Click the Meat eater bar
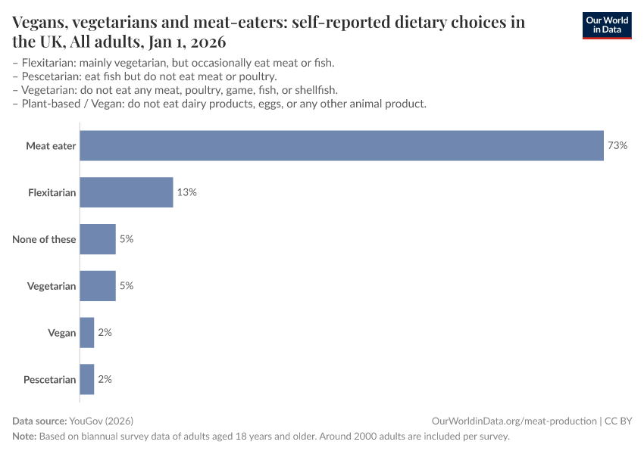click(x=341, y=145)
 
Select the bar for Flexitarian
click(x=127, y=192)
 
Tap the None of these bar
click(x=98, y=239)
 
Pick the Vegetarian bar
click(x=98, y=286)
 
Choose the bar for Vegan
click(x=87, y=333)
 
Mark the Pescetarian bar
click(x=87, y=379)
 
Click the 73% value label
click(x=617, y=145)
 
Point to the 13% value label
click(x=187, y=192)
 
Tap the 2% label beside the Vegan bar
click(x=105, y=333)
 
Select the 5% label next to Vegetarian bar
click(x=126, y=286)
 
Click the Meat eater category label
click(x=51, y=146)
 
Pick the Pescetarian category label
click(x=50, y=380)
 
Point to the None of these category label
click(x=44, y=240)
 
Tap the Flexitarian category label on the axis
click(x=52, y=193)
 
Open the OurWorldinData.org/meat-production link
click(x=513, y=421)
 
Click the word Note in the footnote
click(x=25, y=437)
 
